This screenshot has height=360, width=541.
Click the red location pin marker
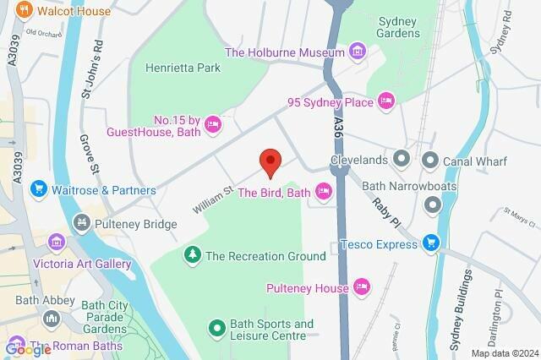(270, 161)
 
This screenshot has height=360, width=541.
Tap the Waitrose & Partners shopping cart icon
(38, 190)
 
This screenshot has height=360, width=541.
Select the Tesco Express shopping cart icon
(431, 244)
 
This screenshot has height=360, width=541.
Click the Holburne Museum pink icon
(358, 52)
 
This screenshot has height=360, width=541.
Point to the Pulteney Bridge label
(135, 224)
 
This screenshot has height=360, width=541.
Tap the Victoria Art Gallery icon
(57, 243)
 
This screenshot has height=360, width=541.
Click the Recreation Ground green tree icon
(193, 255)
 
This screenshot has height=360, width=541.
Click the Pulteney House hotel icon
(363, 288)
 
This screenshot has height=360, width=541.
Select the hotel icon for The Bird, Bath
(323, 193)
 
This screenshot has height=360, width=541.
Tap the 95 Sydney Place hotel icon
(386, 102)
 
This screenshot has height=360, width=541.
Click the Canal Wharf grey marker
(430, 159)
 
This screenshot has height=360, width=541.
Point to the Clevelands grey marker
(402, 159)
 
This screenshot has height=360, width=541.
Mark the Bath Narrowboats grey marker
(433, 204)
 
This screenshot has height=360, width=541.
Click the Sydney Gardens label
(399, 27)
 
